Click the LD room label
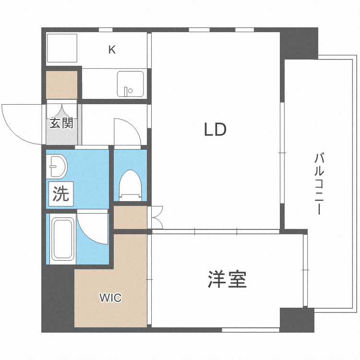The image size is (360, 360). (215, 130)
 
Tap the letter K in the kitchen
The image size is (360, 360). (112, 49)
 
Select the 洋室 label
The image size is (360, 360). (227, 279)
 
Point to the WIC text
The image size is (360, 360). (110, 298)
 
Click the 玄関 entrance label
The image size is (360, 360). (61, 123)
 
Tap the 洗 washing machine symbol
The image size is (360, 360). (60, 194)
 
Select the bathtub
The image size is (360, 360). (62, 239)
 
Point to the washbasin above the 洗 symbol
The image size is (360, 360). (58, 166)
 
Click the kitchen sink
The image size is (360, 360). (130, 84)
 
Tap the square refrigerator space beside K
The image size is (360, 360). (61, 49)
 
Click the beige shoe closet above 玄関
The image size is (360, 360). (62, 84)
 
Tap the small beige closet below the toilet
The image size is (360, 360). (130, 216)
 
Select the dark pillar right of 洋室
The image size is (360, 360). (297, 319)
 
